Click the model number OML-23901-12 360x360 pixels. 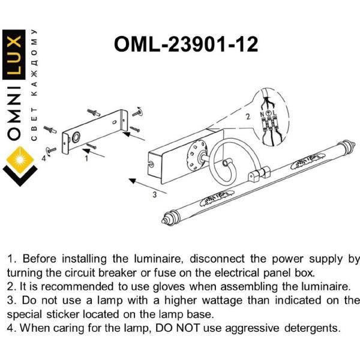(x=186, y=44)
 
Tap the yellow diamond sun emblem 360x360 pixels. (x=20, y=160)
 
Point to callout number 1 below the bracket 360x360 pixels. (x=86, y=158)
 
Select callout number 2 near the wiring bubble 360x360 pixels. (x=248, y=116)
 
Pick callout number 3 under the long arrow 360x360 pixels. (x=155, y=194)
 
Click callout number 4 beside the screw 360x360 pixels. (x=44, y=158)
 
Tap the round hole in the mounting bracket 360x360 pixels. (x=76, y=137)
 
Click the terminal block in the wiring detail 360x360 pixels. (x=269, y=124)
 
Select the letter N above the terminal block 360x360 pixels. (x=262, y=113)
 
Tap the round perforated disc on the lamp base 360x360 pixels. (x=196, y=155)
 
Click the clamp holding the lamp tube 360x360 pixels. (x=259, y=174)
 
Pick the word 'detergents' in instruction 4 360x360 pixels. (x=312, y=328)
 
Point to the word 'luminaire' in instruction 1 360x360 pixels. (x=158, y=259)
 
